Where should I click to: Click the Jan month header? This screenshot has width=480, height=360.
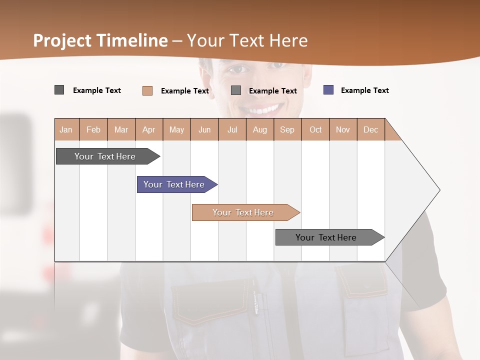click(x=66, y=129)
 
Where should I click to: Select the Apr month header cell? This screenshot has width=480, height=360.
click(x=149, y=129)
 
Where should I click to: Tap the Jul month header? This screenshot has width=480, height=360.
click(x=232, y=129)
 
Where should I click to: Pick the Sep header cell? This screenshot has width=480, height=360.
click(x=287, y=129)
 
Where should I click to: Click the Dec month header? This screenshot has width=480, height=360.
click(x=371, y=129)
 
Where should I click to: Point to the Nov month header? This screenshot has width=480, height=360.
click(x=343, y=129)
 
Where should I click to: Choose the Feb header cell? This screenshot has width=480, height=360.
click(x=93, y=129)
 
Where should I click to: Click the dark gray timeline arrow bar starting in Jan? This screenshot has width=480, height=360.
click(x=105, y=156)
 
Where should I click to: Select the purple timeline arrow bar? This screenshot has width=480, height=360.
click(x=174, y=184)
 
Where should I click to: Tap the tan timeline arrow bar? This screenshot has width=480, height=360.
click(x=243, y=212)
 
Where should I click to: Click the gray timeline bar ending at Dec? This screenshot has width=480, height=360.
click(x=326, y=237)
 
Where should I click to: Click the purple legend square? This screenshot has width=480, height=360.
click(x=328, y=90)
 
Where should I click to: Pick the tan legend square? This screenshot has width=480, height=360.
click(x=147, y=90)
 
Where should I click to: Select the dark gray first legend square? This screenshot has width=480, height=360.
click(x=59, y=90)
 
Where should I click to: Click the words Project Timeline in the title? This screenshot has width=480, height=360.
click(x=100, y=40)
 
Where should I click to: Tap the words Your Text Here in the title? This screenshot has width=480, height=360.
click(x=247, y=40)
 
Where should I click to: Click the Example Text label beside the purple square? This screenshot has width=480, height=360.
click(x=364, y=90)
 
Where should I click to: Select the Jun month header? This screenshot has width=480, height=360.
click(x=204, y=129)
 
